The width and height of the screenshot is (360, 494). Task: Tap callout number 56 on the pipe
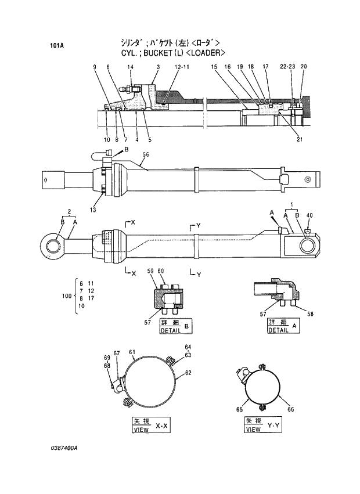pyautogui.click(x=146, y=154)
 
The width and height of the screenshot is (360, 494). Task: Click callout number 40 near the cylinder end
pyautogui.click(x=309, y=216)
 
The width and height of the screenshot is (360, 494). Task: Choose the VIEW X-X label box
pyautogui.click(x=151, y=426)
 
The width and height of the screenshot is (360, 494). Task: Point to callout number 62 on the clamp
pyautogui.click(x=188, y=373)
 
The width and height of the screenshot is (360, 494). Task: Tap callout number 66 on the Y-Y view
pyautogui.click(x=290, y=409)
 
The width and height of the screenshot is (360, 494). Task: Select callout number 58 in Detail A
pyautogui.click(x=310, y=313)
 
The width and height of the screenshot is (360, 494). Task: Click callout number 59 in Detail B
pyautogui.click(x=150, y=271)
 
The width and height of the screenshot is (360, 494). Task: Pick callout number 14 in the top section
pyautogui.click(x=131, y=67)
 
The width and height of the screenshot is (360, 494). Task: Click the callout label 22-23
pyautogui.click(x=288, y=67)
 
